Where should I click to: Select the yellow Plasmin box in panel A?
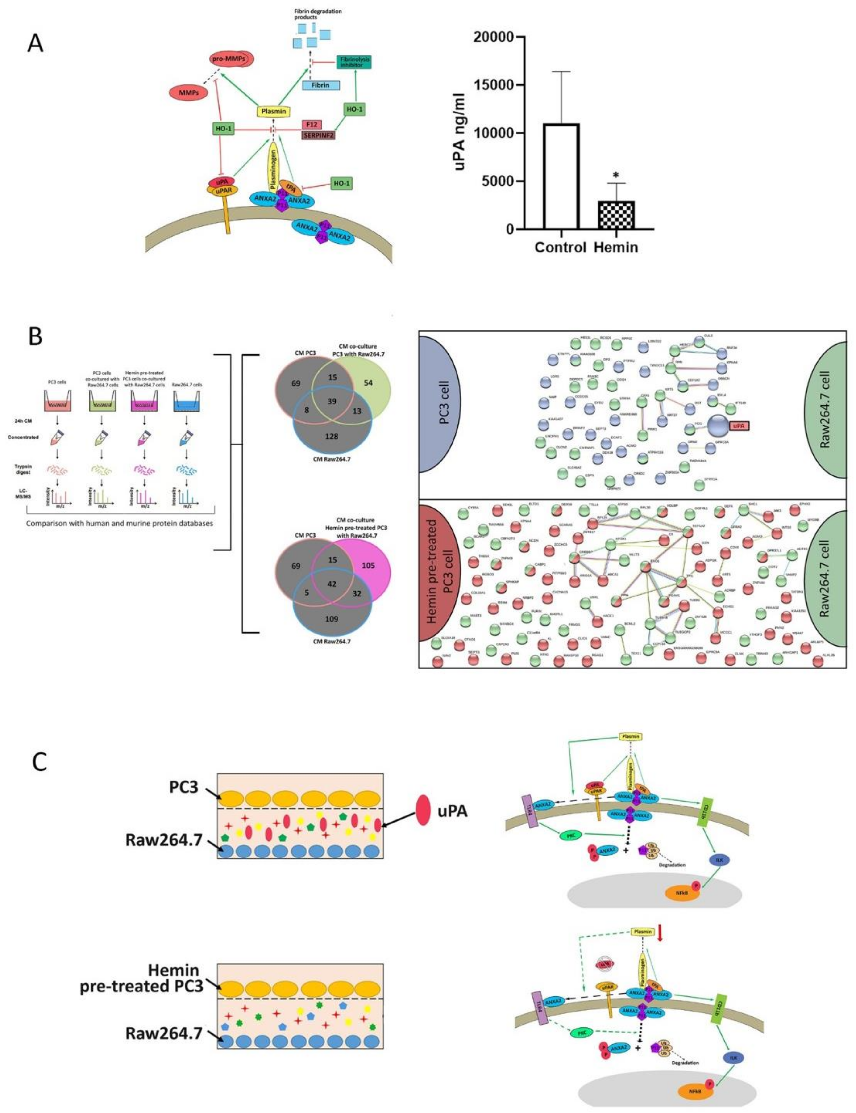pyautogui.click(x=274, y=111)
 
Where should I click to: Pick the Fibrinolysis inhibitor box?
pyautogui.click(x=353, y=62)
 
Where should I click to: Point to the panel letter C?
pyautogui.click(x=40, y=762)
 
